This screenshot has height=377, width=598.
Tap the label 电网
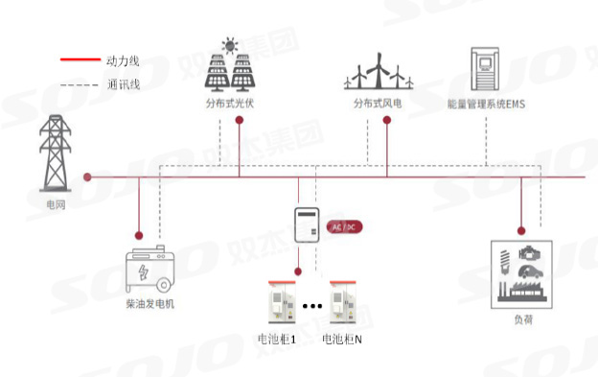point(56,204)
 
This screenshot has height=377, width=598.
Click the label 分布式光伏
point(230,103)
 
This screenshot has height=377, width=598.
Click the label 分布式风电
point(379,103)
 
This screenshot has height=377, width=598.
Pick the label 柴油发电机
point(150,305)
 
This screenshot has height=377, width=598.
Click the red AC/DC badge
point(343,226)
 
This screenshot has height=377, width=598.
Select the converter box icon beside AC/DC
point(306,226)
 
